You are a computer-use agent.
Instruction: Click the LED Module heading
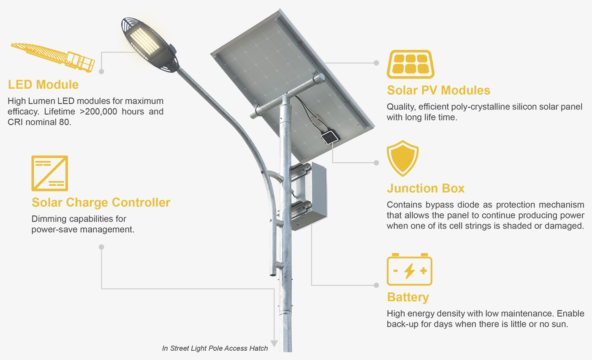(x=43, y=85)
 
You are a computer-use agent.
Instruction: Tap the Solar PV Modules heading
(x=438, y=90)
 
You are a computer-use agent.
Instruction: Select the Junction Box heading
(x=426, y=188)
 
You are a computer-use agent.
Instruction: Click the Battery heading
(x=408, y=297)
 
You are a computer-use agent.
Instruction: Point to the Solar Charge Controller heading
(x=101, y=203)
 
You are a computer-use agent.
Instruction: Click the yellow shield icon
(x=402, y=158)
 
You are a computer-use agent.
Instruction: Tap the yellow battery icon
(x=410, y=269)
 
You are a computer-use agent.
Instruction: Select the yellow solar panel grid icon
(x=410, y=64)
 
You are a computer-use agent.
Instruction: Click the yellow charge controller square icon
(x=50, y=173)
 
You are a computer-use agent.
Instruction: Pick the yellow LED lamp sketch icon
(x=53, y=57)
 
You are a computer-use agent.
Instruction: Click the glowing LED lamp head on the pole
(x=149, y=45)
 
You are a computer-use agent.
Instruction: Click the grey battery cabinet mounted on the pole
(x=309, y=196)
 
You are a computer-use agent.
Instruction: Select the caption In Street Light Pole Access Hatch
(x=215, y=348)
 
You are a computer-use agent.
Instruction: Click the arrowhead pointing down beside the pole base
(x=274, y=344)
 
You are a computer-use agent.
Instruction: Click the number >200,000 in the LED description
(x=98, y=112)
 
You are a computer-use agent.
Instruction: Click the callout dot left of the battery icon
(x=376, y=285)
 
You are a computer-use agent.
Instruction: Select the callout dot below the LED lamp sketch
(x=101, y=71)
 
